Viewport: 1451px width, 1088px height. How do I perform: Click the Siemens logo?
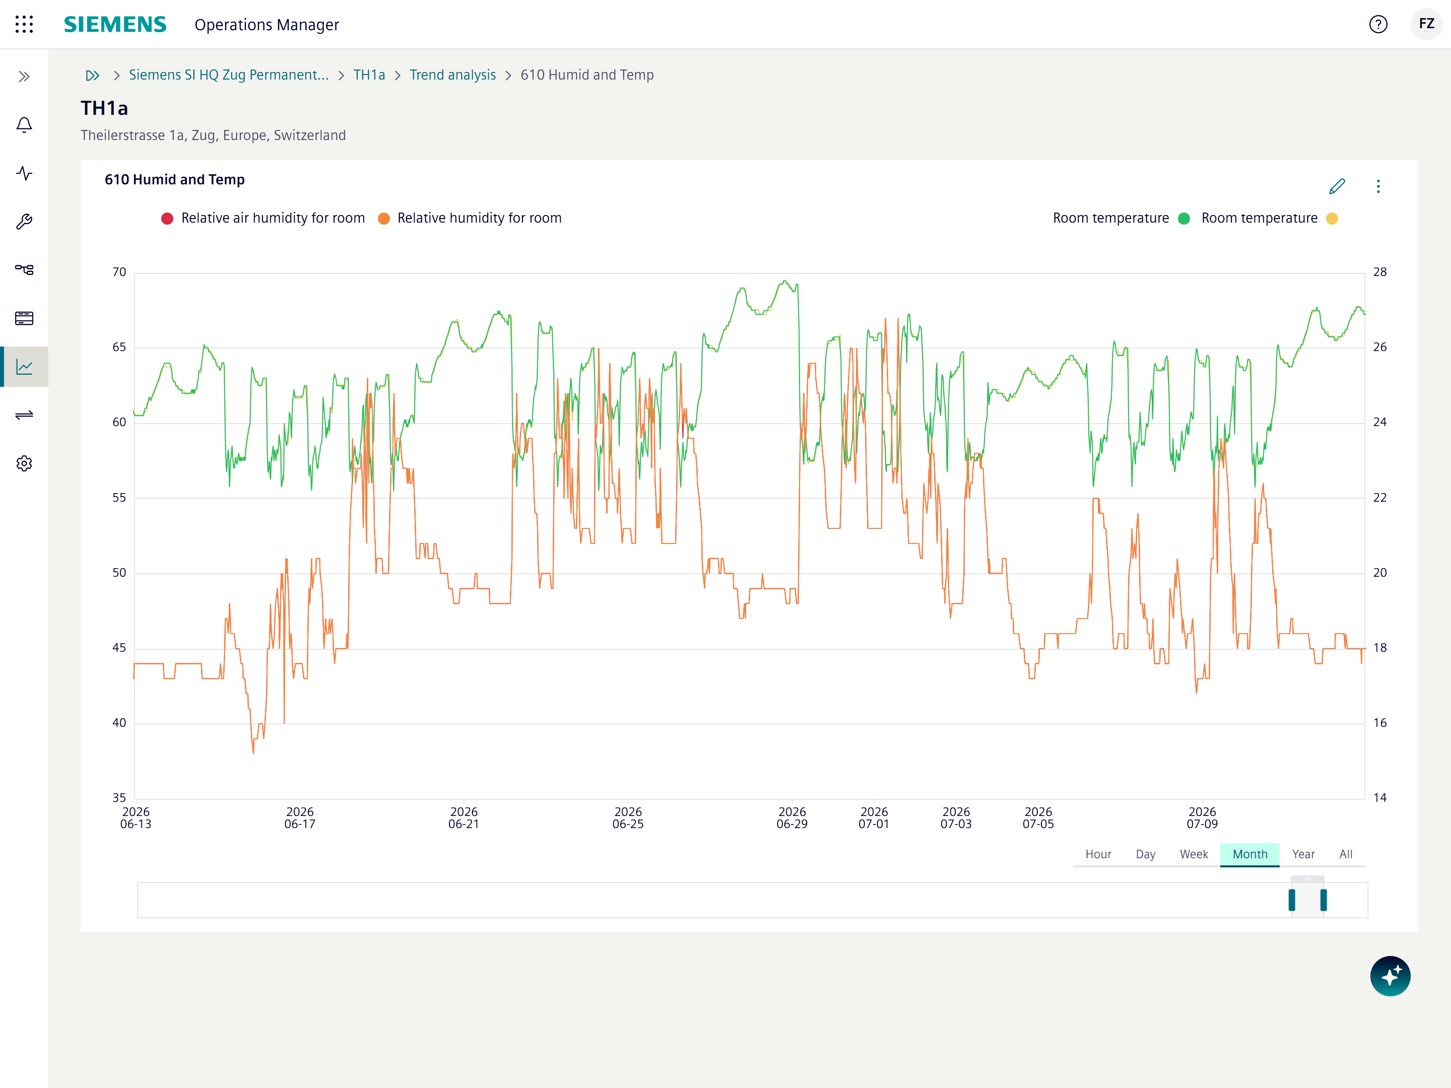pos(115,24)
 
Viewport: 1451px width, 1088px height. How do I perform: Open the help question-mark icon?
pos(1378,24)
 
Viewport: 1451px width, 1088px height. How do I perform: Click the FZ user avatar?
pos(1426,24)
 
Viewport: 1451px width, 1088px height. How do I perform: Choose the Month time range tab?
pos(1249,854)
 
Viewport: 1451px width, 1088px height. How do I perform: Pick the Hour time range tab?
pos(1098,854)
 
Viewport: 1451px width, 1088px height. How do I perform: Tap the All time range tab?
pos(1345,854)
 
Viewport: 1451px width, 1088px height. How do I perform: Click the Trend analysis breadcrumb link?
pos(452,75)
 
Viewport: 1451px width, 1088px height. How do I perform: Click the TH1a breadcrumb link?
pos(369,75)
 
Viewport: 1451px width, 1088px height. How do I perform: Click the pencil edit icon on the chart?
pos(1337,186)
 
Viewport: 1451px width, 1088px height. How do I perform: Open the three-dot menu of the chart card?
pos(1378,186)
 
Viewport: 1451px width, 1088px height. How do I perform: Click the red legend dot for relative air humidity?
pos(167,219)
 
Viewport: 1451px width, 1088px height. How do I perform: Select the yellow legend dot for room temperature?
pos(1332,219)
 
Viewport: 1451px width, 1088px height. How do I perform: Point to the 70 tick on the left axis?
pos(119,271)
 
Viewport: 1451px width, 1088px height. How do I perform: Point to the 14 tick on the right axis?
pos(1379,797)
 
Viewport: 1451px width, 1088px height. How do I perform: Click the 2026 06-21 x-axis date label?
pos(464,818)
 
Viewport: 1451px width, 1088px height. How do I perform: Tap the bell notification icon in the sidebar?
pos(24,124)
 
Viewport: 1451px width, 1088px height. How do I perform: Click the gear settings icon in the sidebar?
pos(24,464)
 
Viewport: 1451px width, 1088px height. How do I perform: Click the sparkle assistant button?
pos(1390,976)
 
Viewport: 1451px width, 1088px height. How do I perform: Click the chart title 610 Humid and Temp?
pos(174,180)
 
